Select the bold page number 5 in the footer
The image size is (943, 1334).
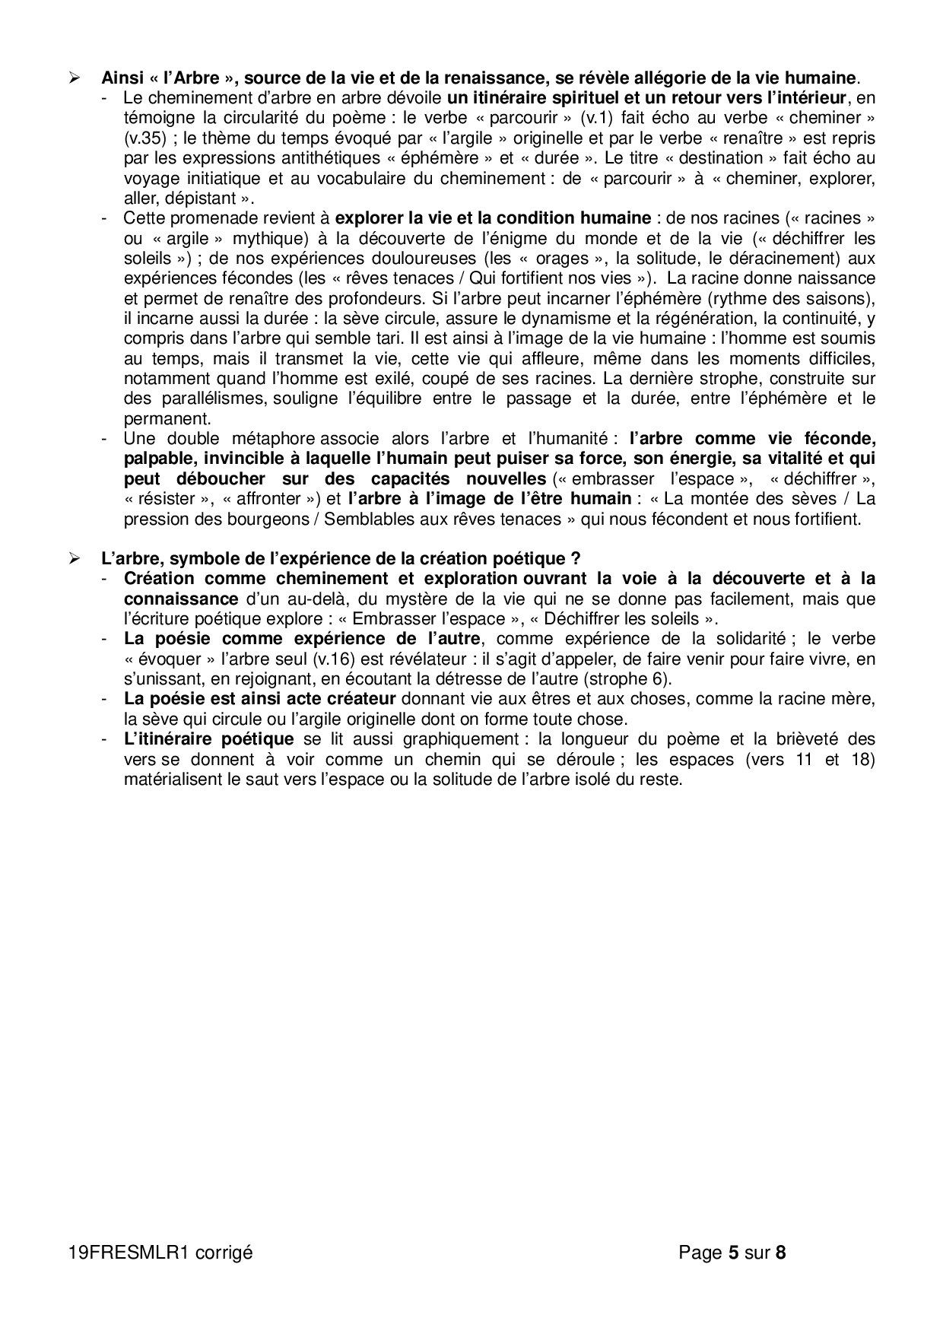(733, 1252)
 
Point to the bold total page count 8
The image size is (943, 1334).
(780, 1252)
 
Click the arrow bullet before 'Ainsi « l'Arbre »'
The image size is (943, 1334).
(74, 78)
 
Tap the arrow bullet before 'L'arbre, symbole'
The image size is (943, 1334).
(74, 558)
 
